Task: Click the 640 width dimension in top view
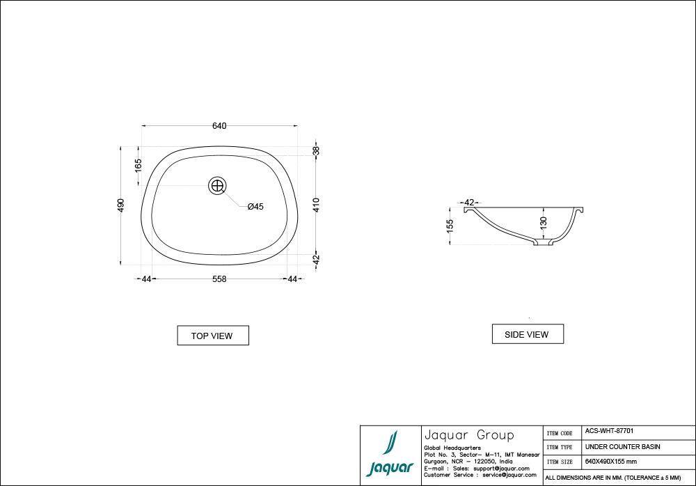pyautogui.click(x=219, y=126)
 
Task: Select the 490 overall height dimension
pyautogui.click(x=121, y=205)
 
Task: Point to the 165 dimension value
pyautogui.click(x=139, y=165)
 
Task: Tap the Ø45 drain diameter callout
pyautogui.click(x=255, y=206)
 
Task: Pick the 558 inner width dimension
pyautogui.click(x=219, y=279)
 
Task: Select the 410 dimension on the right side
pyautogui.click(x=316, y=205)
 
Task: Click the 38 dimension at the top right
pyautogui.click(x=316, y=151)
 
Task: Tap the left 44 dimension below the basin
pyautogui.click(x=146, y=279)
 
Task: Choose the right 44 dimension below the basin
pyautogui.click(x=292, y=279)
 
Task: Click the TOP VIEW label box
pyautogui.click(x=212, y=336)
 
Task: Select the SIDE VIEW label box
pyautogui.click(x=527, y=334)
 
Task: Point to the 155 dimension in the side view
pyautogui.click(x=450, y=225)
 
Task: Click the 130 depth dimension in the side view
pyautogui.click(x=544, y=223)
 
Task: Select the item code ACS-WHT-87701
pyautogui.click(x=609, y=432)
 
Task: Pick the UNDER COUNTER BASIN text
pyautogui.click(x=622, y=446)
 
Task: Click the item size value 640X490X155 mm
pyautogui.click(x=610, y=462)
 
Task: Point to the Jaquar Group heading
pyautogui.click(x=468, y=435)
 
